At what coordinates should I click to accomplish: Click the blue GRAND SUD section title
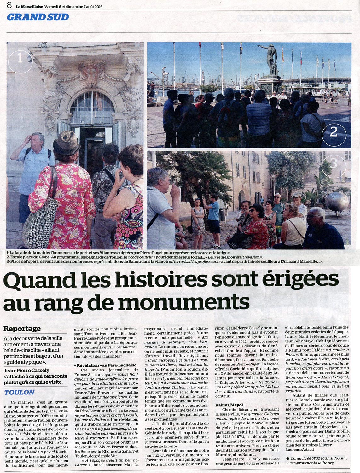(x=38, y=17)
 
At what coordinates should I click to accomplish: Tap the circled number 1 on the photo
(x=20, y=58)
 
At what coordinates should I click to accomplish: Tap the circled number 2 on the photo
(x=334, y=132)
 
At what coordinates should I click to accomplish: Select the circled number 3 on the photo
(x=334, y=163)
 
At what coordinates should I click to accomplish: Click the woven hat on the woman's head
(x=67, y=143)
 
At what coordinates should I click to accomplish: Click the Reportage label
(x=22, y=329)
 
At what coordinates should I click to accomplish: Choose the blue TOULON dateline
(x=20, y=392)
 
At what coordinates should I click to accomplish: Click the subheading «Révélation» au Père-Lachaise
(x=105, y=365)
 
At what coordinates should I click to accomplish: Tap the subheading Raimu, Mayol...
(x=230, y=405)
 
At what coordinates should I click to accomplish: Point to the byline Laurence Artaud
(x=300, y=449)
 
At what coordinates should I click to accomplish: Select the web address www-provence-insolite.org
(x=310, y=463)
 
